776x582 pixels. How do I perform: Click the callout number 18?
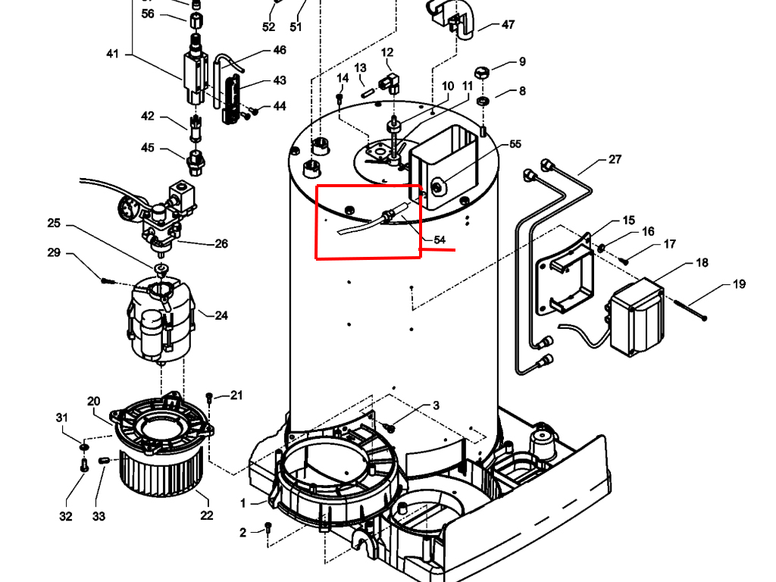coord(702,263)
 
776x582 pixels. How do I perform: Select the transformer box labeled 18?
coord(637,316)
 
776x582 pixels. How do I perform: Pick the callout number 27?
coord(615,160)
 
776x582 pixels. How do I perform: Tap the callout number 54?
coord(440,239)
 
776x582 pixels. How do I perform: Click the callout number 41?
coord(113,54)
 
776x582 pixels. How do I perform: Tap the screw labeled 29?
coord(107,280)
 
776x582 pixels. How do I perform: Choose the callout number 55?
coord(515,144)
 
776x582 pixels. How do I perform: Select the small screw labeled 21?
coord(210,397)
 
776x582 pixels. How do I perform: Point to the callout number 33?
coord(99,517)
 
